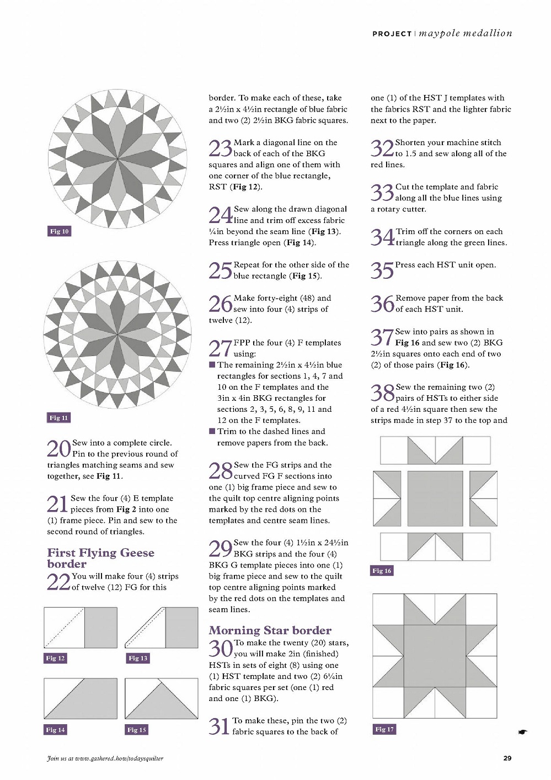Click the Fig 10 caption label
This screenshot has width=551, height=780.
[60, 231]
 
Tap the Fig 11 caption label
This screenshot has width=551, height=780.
[58, 418]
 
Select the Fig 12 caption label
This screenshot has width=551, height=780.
[55, 658]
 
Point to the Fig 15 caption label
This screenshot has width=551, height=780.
[137, 730]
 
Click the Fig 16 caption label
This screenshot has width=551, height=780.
[382, 571]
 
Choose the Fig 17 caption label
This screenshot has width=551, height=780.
[384, 729]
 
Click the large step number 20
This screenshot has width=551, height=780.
[58, 448]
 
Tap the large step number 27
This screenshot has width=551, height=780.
[220, 348]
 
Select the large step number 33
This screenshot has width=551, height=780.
[382, 193]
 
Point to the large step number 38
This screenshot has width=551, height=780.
[382, 393]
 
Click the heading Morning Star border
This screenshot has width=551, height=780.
[270, 630]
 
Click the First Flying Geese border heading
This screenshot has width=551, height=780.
[100, 558]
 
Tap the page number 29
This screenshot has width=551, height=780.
[507, 758]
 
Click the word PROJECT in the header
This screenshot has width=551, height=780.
[392, 34]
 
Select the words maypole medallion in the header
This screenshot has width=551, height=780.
[466, 33]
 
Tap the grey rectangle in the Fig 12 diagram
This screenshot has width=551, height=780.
[101, 627]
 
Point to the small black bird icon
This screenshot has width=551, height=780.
[522, 733]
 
